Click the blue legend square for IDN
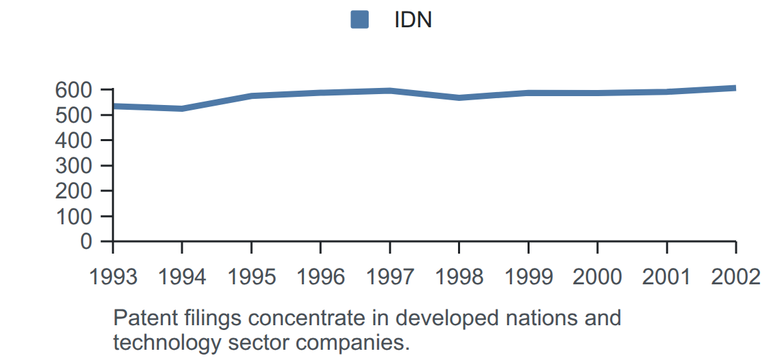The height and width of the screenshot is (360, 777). (x=360, y=20)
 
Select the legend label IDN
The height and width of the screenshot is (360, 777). (x=413, y=20)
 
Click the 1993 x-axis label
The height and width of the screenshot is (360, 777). (x=113, y=277)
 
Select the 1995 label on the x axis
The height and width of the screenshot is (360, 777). (x=252, y=277)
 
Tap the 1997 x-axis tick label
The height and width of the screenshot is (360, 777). (x=390, y=277)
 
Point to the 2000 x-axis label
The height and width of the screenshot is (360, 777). (x=598, y=277)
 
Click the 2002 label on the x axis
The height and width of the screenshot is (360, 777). (x=736, y=277)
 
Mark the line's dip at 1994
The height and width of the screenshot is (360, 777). (x=183, y=108)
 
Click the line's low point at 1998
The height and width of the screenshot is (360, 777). (x=459, y=97)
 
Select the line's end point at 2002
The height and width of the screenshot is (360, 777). (x=735, y=88)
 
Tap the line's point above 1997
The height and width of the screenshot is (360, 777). (x=390, y=91)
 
